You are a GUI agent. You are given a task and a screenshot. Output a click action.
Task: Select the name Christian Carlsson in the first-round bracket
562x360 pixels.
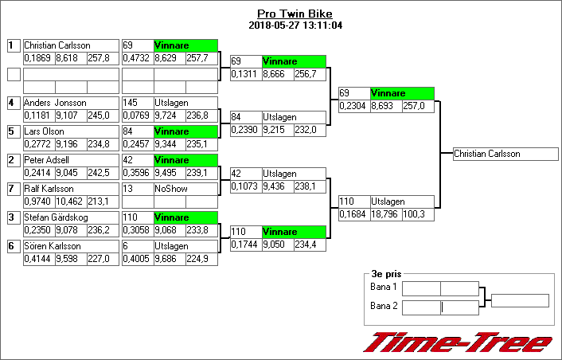click(57, 45)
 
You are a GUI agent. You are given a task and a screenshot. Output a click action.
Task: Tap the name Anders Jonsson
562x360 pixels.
click(55, 103)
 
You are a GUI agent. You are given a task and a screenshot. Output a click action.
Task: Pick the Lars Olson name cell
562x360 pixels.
click(45, 131)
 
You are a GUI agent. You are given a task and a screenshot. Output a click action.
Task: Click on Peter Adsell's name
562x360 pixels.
click(47, 160)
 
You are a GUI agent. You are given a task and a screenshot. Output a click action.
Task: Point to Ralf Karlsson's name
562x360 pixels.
click(49, 189)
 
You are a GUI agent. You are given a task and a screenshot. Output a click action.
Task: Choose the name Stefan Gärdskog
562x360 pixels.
click(56, 217)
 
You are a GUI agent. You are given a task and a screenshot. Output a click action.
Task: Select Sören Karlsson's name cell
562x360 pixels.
click(52, 246)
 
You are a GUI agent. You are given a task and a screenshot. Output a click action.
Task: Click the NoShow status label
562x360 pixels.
click(169, 189)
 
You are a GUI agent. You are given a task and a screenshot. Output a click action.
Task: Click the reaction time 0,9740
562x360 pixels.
click(38, 202)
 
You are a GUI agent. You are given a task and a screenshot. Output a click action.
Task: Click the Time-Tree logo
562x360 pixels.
click(458, 342)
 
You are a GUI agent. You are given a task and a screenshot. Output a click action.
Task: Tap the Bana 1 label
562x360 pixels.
click(384, 287)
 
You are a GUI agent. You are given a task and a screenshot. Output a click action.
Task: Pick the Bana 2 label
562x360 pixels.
click(384, 306)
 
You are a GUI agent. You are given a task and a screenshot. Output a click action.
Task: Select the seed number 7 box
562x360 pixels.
click(14, 189)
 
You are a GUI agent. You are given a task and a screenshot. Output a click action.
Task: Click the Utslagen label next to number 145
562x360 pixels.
click(170, 103)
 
